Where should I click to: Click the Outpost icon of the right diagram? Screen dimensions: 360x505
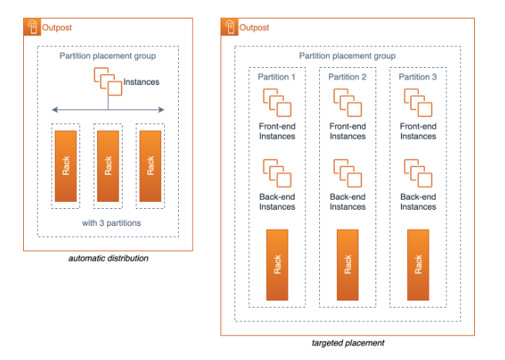[231, 28]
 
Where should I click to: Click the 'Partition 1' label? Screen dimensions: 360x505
[278, 77]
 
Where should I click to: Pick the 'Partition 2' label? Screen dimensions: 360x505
[348, 77]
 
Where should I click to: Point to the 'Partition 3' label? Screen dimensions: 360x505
[418, 77]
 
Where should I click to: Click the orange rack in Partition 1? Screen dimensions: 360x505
[278, 264]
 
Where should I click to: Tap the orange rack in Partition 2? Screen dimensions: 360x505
[348, 264]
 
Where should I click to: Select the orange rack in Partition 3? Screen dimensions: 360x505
[418, 264]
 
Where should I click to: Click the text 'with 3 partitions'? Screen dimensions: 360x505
[108, 223]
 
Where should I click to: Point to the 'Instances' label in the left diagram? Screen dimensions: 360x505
[143, 81]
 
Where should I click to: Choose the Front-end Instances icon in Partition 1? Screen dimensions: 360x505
[278, 102]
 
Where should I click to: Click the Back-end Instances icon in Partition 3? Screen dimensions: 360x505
[418, 172]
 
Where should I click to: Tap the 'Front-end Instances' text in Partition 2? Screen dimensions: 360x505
[348, 131]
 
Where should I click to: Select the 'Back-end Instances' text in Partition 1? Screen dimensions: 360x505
[278, 201]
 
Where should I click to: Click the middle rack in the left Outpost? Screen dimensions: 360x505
[108, 165]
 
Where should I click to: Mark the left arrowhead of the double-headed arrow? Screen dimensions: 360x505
[54, 109]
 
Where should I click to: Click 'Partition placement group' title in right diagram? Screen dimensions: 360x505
[348, 56]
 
